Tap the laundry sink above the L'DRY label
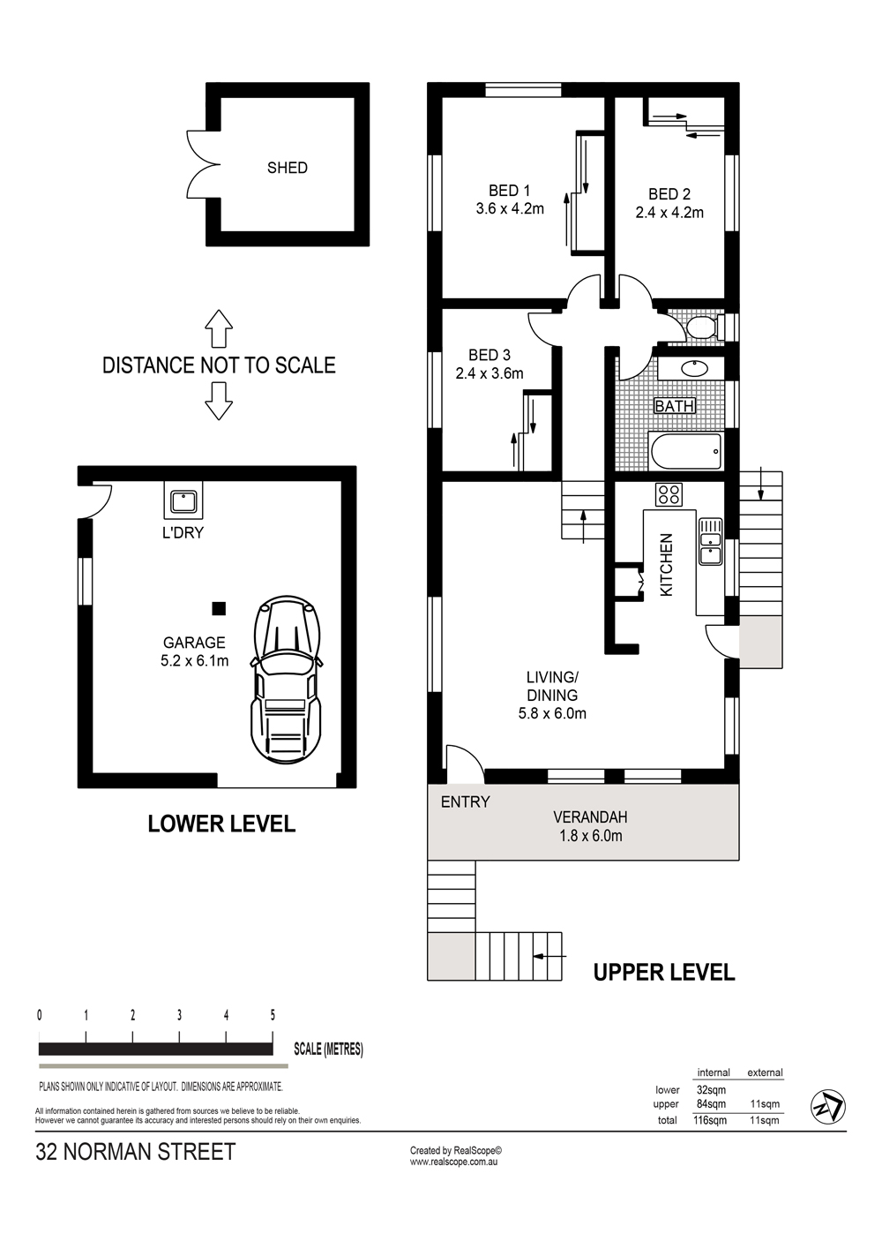(183, 501)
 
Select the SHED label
(287, 168)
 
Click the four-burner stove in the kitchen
(669, 493)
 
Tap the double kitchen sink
(710, 541)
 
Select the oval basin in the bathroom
(690, 369)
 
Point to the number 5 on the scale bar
(273, 1014)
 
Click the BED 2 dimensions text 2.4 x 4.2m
(669, 213)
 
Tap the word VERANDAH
(590, 817)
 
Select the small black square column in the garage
(219, 608)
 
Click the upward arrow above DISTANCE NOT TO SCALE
(219, 329)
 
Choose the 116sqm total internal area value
(710, 1120)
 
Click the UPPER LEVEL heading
(663, 973)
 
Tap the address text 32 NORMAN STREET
(136, 1152)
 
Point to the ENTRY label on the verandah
(465, 801)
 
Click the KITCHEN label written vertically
(667, 565)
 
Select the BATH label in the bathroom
(674, 406)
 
